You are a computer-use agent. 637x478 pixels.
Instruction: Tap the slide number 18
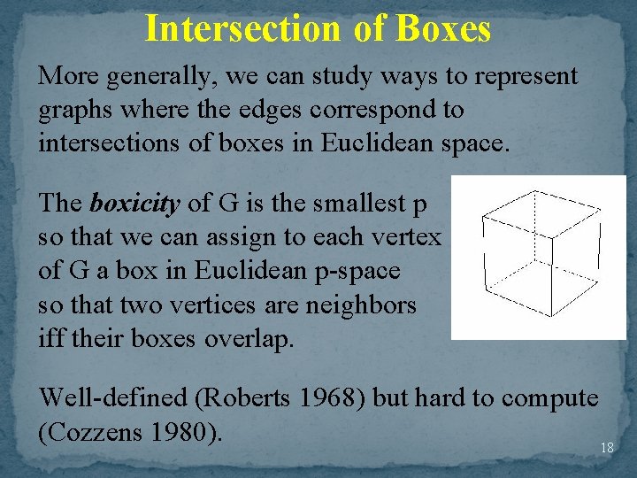(x=607, y=448)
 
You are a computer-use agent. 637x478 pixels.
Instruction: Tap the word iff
(x=50, y=338)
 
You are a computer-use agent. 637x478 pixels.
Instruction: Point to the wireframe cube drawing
(x=538, y=257)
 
